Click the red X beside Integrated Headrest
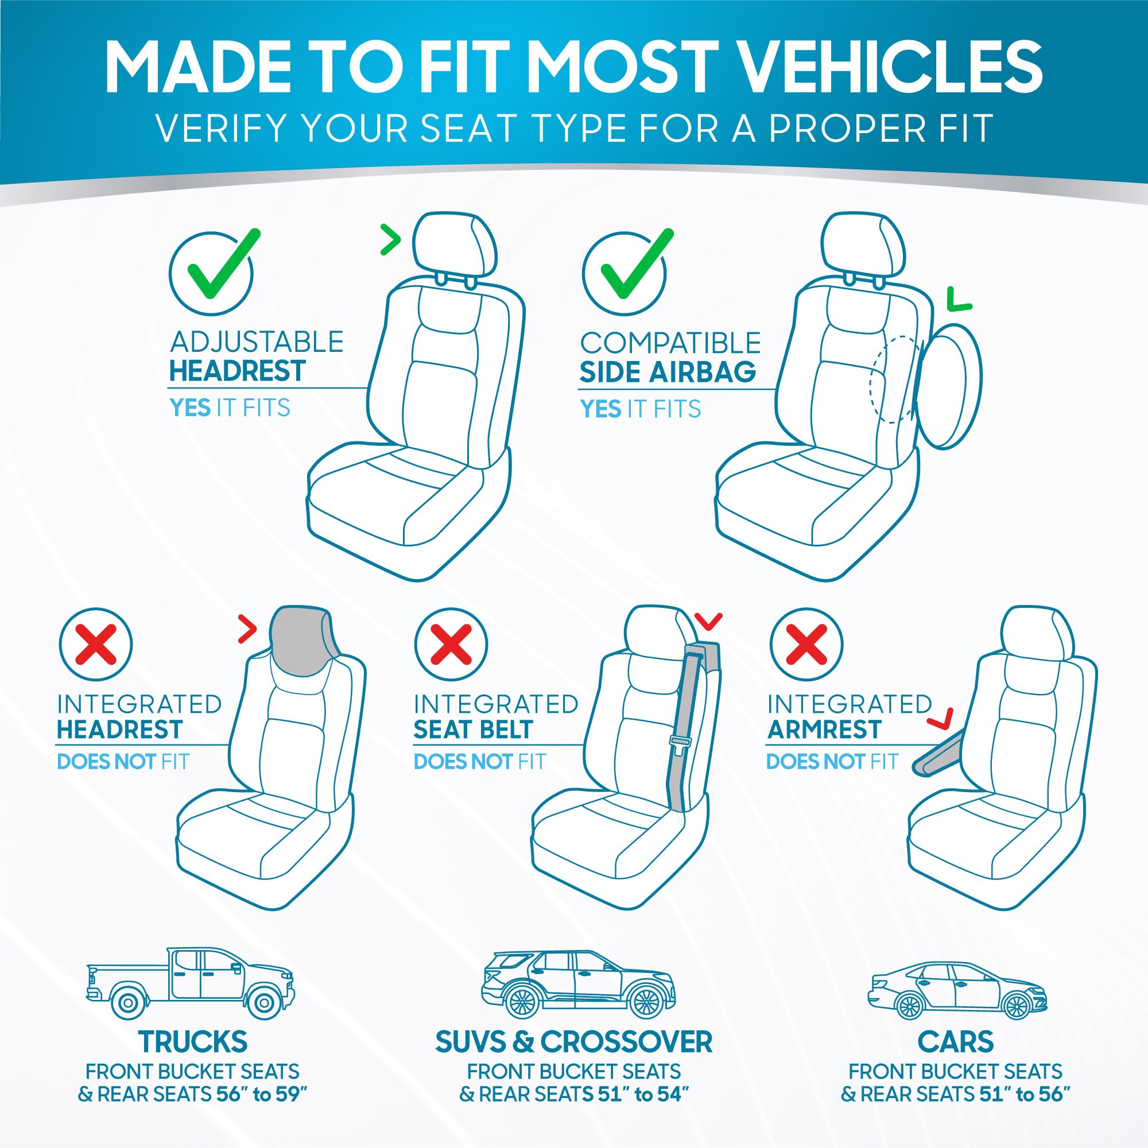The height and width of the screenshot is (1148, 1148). click(x=95, y=645)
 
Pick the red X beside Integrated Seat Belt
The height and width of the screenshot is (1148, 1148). click(x=451, y=645)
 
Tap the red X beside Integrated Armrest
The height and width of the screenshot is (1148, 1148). click(x=806, y=645)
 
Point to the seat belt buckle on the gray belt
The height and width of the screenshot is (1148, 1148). click(x=678, y=741)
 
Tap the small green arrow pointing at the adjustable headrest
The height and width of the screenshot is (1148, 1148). click(x=390, y=240)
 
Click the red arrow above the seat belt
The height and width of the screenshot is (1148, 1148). click(x=708, y=622)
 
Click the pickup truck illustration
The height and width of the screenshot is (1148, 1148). click(x=190, y=983)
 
